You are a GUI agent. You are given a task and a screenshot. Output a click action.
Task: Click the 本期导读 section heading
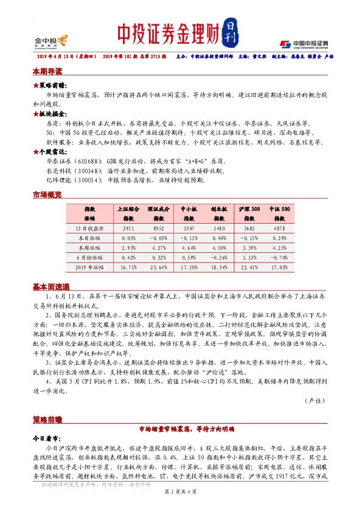coord(47,71)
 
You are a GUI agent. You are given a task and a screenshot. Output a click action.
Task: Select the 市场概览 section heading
coord(47,194)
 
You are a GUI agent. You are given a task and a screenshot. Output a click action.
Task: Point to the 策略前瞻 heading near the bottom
coord(47,420)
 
